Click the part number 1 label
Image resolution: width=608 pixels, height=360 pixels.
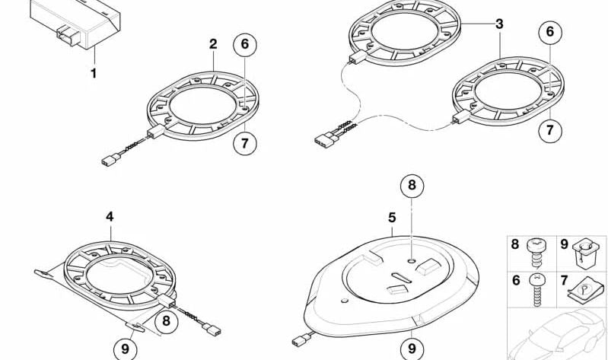click(94, 74)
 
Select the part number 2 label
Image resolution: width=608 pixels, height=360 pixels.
click(213, 45)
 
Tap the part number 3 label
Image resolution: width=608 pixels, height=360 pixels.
click(499, 24)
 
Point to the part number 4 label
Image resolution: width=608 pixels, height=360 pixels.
click(110, 217)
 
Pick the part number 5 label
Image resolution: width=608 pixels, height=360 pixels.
click(392, 218)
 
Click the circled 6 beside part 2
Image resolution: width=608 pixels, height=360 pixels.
click(244, 45)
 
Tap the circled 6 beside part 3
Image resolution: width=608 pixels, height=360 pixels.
click(550, 33)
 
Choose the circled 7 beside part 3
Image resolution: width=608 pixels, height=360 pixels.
click(550, 130)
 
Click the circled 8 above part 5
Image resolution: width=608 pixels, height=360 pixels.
click(411, 186)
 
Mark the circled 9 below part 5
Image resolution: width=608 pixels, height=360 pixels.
click(411, 347)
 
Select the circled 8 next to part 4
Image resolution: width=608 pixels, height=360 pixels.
click(167, 320)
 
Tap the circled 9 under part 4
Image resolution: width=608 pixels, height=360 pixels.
click(126, 349)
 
